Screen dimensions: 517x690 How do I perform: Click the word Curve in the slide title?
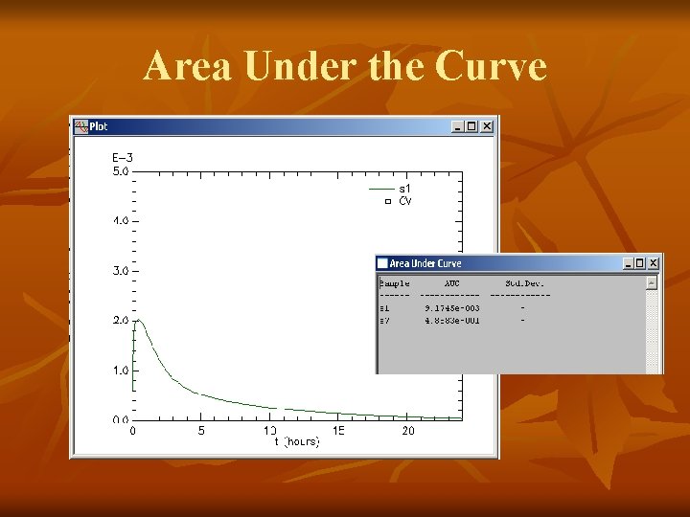[x=491, y=67]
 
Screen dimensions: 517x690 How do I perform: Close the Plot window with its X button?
[x=487, y=126]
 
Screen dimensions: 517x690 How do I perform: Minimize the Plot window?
[x=458, y=126]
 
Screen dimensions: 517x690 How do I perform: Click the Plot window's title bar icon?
[x=80, y=126]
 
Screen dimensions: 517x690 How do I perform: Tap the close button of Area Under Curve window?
[x=654, y=263]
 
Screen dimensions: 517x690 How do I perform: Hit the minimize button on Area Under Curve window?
[x=628, y=263]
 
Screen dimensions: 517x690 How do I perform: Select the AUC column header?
[x=451, y=283]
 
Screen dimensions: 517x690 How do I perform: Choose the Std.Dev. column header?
[x=525, y=283]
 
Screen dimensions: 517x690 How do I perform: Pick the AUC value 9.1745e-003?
[x=452, y=308]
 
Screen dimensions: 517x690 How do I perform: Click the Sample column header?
[x=395, y=283]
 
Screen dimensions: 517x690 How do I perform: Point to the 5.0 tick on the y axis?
[x=121, y=171]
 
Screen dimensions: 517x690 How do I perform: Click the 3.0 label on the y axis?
[x=121, y=271]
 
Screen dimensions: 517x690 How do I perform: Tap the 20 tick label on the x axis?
[x=408, y=431]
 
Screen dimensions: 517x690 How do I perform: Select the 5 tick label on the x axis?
[x=201, y=431]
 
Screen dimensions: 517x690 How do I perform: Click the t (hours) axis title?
[x=297, y=442]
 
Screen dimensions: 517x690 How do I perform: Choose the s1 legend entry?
[x=404, y=189]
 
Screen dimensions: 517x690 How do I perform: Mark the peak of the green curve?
[x=138, y=321]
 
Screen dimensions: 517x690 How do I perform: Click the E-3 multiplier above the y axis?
[x=123, y=158]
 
